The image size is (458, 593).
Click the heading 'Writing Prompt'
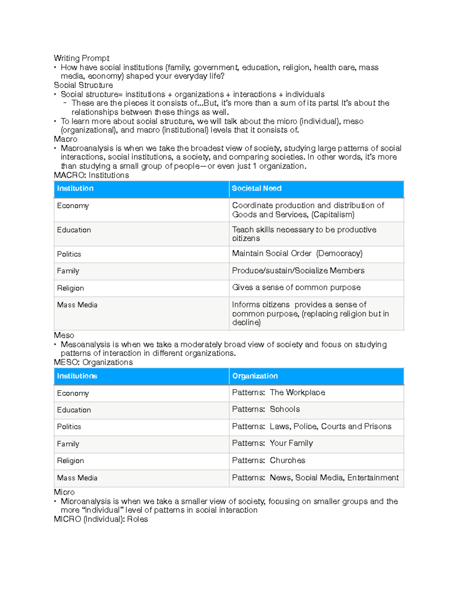click(81, 58)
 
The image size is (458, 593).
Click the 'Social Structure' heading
click(83, 85)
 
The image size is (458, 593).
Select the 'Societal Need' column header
click(256, 188)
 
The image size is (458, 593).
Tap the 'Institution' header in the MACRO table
click(75, 188)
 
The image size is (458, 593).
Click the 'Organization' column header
click(255, 376)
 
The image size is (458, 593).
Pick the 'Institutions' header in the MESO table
click(77, 376)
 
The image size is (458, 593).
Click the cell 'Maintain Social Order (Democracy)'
click(297, 254)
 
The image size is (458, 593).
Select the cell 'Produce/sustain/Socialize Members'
click(298, 271)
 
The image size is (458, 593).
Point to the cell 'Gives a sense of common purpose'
click(296, 288)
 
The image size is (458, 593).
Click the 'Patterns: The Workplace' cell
click(278, 393)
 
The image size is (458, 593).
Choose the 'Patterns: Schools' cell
click(266, 409)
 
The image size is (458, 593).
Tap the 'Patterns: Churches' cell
click(268, 461)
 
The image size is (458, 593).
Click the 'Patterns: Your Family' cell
click(272, 443)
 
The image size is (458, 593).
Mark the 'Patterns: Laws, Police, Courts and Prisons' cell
click(311, 427)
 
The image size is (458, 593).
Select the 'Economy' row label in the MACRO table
click(73, 206)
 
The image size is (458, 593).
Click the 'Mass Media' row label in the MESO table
click(77, 478)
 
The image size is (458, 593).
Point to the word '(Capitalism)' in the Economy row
click(333, 215)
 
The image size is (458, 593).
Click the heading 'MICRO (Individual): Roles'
click(101, 519)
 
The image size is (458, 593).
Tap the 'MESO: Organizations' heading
click(93, 362)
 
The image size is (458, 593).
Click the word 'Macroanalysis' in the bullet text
click(87, 148)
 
